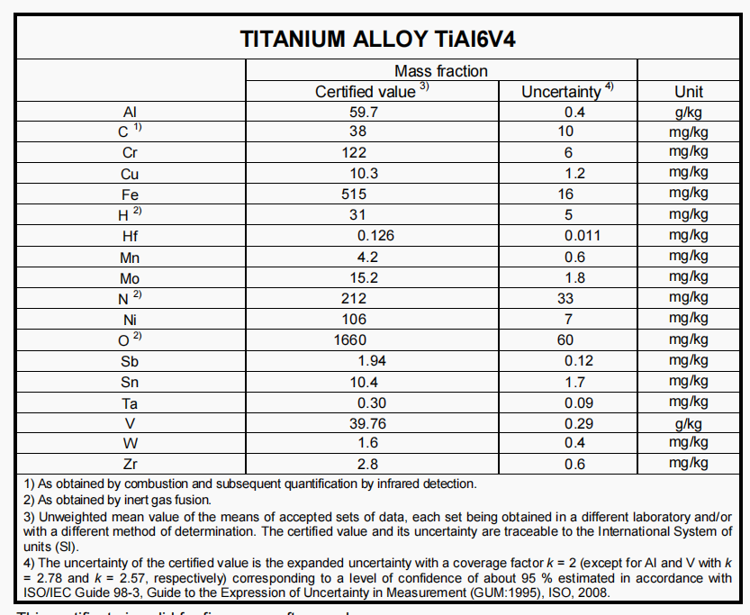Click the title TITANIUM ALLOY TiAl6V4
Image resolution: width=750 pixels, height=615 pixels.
378,40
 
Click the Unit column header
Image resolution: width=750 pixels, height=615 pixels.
689,92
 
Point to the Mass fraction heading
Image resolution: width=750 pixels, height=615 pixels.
441,71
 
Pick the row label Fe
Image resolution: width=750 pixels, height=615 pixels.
130,194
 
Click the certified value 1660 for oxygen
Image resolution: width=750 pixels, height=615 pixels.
350,339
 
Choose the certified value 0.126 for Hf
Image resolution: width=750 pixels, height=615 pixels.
375,236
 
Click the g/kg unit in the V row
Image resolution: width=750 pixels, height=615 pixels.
689,422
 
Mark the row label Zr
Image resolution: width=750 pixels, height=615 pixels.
130,464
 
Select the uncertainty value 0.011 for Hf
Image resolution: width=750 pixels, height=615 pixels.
583,236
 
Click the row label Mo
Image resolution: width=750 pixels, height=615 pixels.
130,277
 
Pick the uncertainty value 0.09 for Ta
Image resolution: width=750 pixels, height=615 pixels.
579,402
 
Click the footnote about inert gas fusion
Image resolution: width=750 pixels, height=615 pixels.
118,500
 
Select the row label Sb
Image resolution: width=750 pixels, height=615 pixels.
130,360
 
